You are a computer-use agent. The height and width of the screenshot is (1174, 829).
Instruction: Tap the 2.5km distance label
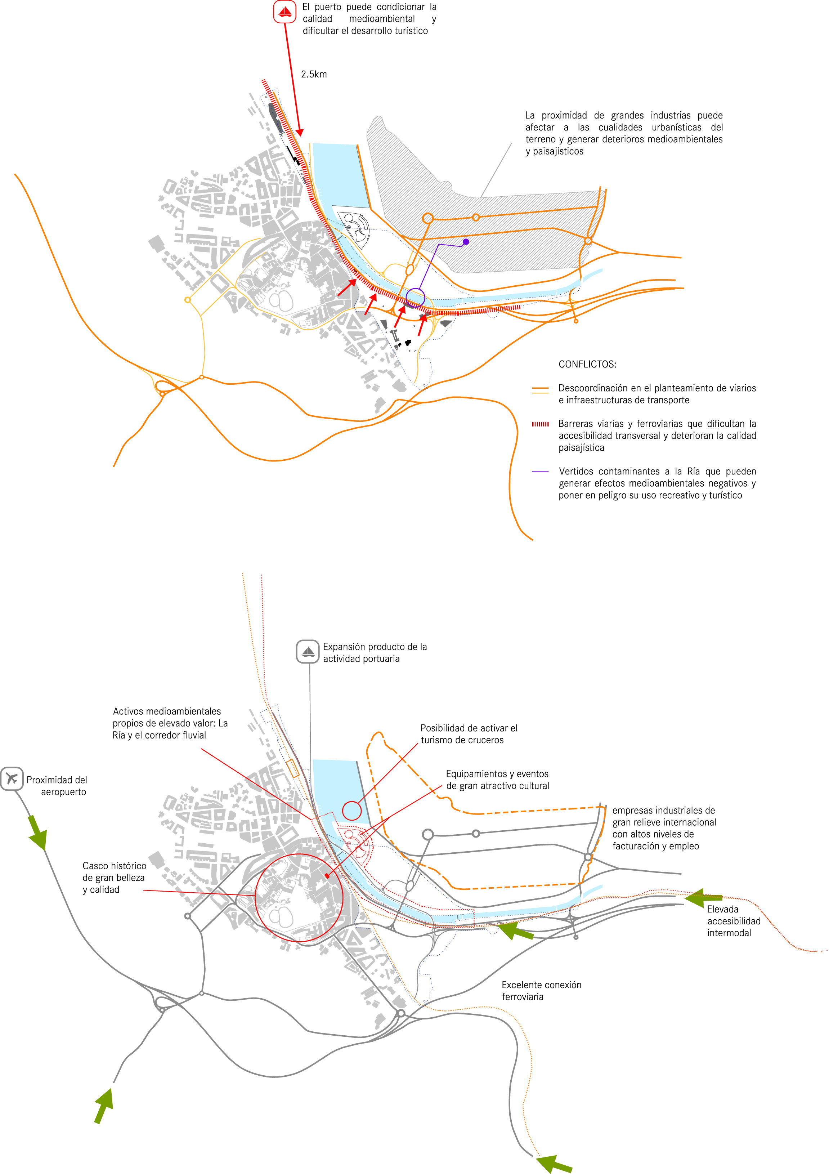[x=314, y=74]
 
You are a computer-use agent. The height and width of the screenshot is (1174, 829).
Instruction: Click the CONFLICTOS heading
[x=587, y=364]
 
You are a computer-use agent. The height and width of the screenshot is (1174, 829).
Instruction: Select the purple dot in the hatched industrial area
[x=466, y=241]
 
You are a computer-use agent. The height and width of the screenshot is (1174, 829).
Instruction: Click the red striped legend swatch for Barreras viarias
[x=540, y=424]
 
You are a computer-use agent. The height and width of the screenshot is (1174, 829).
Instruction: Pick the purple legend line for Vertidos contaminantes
[x=540, y=472]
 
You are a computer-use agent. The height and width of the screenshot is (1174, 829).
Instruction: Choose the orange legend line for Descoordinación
[x=540, y=390]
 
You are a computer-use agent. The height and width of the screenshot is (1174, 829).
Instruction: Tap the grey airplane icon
[x=12, y=779]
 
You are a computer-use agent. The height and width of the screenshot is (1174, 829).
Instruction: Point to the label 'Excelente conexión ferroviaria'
[x=541, y=990]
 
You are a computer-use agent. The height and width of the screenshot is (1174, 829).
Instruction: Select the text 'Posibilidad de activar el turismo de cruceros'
[x=469, y=734]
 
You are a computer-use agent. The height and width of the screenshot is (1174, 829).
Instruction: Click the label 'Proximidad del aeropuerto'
[x=57, y=786]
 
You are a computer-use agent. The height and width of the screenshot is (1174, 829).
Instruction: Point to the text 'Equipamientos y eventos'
[x=497, y=774]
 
